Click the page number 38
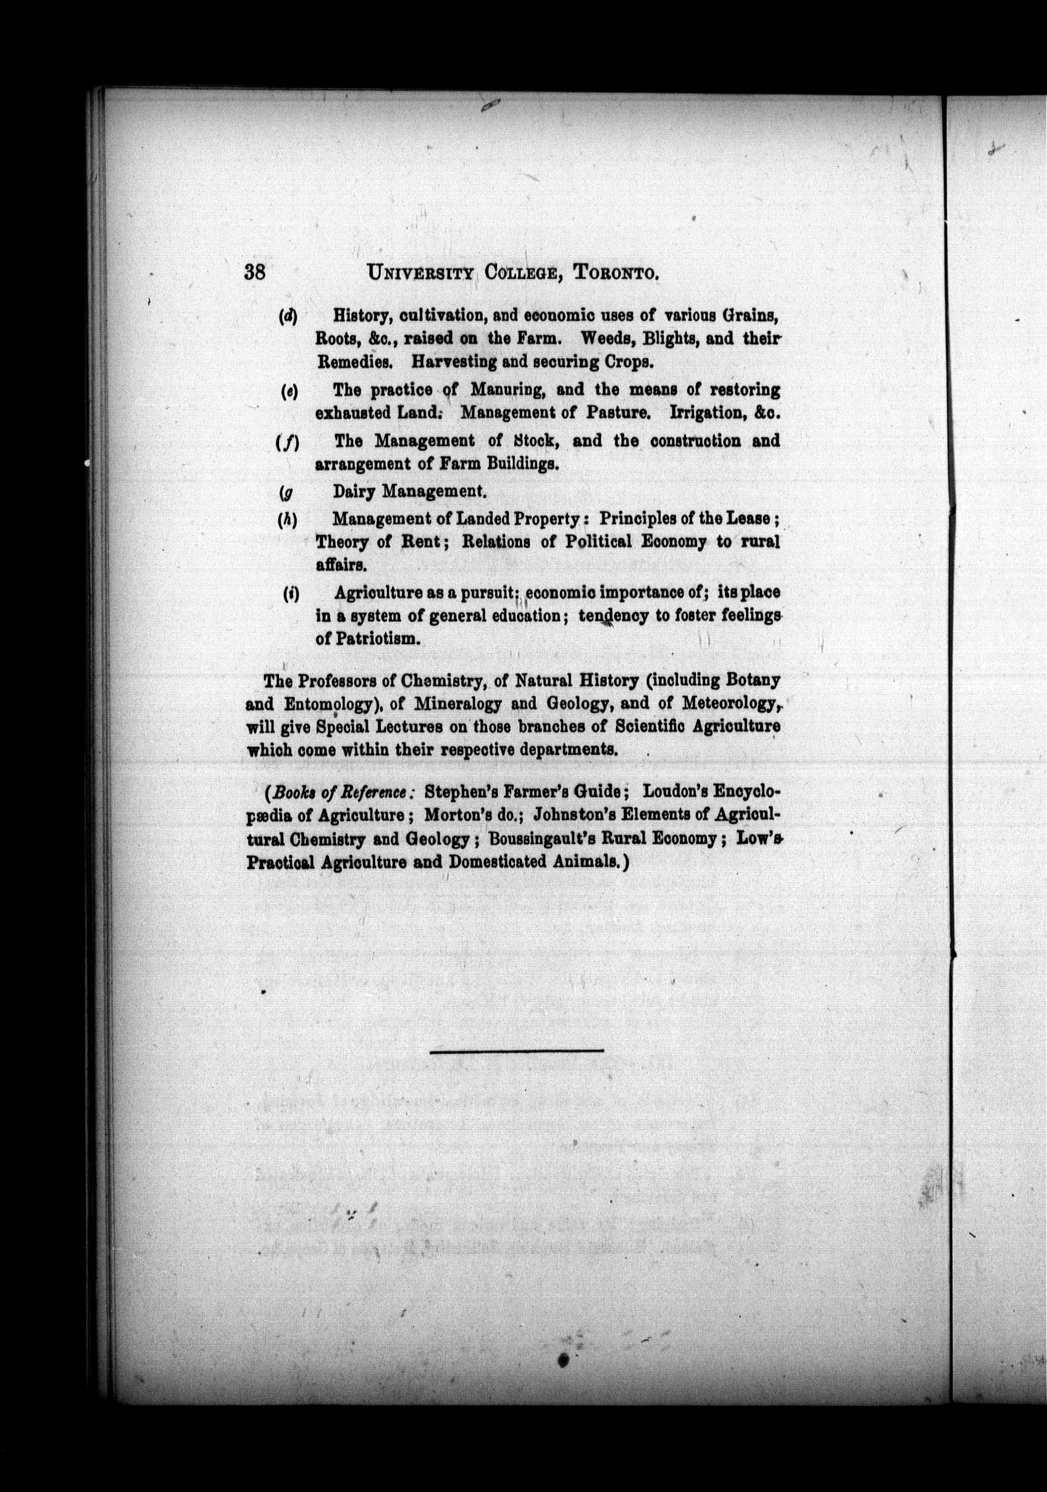coord(254,272)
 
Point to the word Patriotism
coord(378,638)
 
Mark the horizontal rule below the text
coord(516,1049)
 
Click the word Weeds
coord(607,338)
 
